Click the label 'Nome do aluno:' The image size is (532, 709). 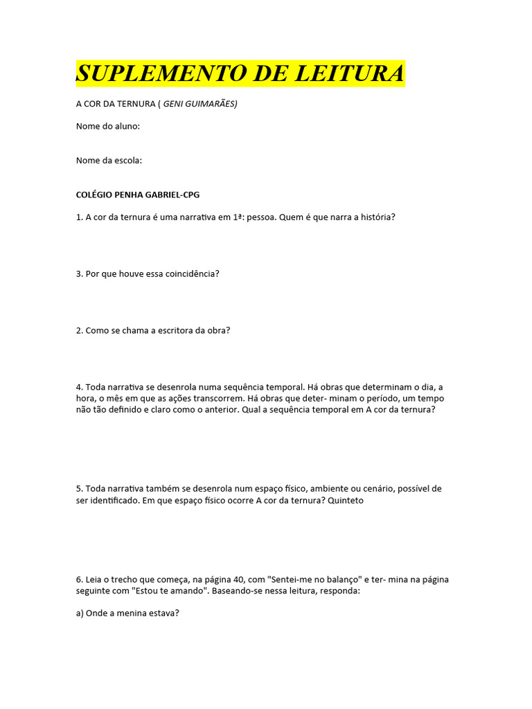tap(108, 126)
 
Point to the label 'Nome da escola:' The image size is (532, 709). tap(109, 161)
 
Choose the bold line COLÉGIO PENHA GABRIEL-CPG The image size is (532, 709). tap(138, 195)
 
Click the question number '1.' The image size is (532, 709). tap(80, 217)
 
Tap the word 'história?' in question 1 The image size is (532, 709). tap(377, 217)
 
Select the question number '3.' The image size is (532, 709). tap(80, 273)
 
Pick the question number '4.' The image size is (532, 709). tap(80, 387)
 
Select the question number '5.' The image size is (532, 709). tap(80, 489)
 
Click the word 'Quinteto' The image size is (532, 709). tap(346, 500)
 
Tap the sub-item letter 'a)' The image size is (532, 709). tap(80, 613)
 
